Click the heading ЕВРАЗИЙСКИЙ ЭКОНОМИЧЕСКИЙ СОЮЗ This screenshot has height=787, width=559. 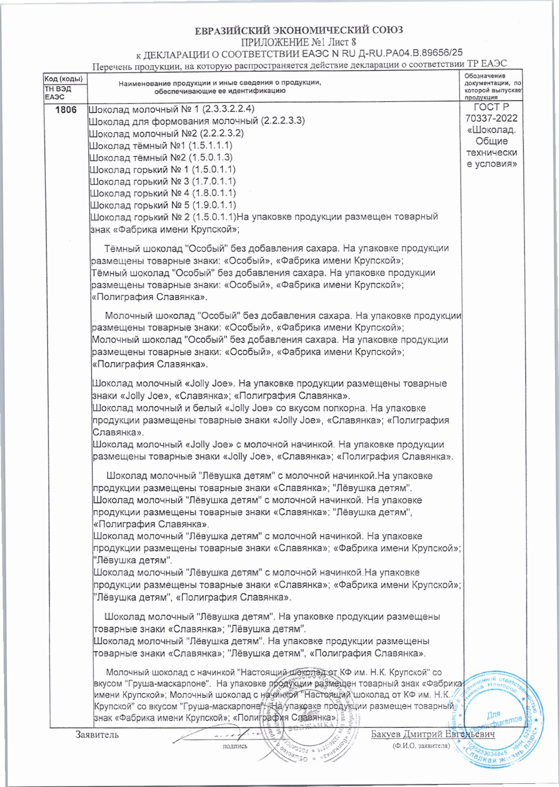click(x=299, y=30)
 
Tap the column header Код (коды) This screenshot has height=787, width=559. click(x=64, y=79)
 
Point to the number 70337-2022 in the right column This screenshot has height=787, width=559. click(x=491, y=118)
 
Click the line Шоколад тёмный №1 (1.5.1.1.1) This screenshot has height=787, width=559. click(x=161, y=146)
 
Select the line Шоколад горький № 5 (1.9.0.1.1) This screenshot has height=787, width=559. click(x=163, y=205)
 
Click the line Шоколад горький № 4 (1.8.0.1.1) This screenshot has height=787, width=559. click(x=163, y=193)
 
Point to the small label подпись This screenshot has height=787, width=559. click(x=235, y=746)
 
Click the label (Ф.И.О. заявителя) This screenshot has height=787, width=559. click(x=421, y=745)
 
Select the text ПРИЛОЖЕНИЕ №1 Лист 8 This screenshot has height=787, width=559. click(x=298, y=42)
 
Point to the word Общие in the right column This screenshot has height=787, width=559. click(x=491, y=141)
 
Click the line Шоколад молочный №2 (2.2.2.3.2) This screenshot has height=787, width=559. click(x=166, y=134)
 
